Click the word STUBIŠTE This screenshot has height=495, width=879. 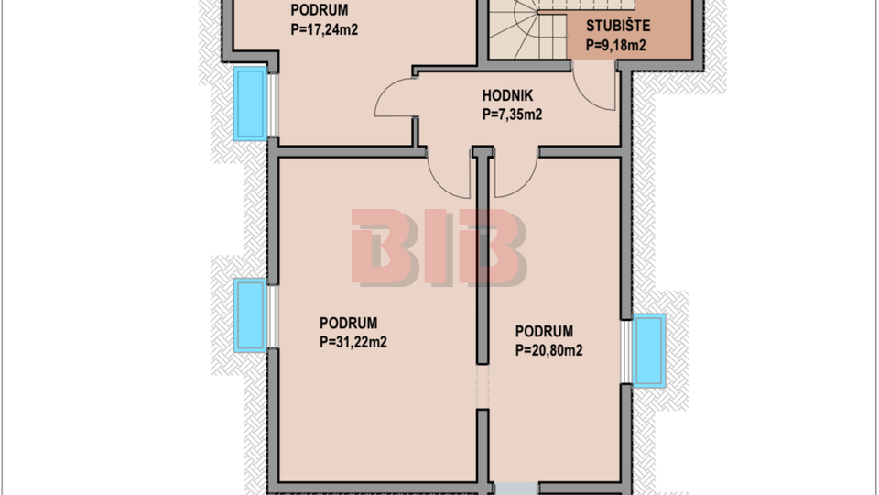coord(618,26)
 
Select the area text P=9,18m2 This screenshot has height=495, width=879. coord(615,46)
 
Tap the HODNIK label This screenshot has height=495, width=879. coord(507,96)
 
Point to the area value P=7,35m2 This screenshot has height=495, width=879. coord(512,115)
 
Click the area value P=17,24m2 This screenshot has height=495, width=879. coord(324,29)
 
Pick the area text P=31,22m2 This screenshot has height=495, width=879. coord(353,342)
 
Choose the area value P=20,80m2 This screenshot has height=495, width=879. coord(548,350)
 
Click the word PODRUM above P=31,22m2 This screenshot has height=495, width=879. coord(348,324)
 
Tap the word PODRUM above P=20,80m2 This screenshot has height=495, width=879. coord(544,332)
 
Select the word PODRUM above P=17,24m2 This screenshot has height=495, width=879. coord(319,10)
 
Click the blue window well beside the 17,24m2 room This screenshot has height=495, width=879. coord(250,104)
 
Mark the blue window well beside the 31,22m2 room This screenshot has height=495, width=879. coord(250,315)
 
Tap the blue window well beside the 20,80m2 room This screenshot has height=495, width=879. coord(649,351)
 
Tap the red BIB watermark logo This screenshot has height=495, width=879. coord(439,247)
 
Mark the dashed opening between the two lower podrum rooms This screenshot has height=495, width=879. coord(483,387)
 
